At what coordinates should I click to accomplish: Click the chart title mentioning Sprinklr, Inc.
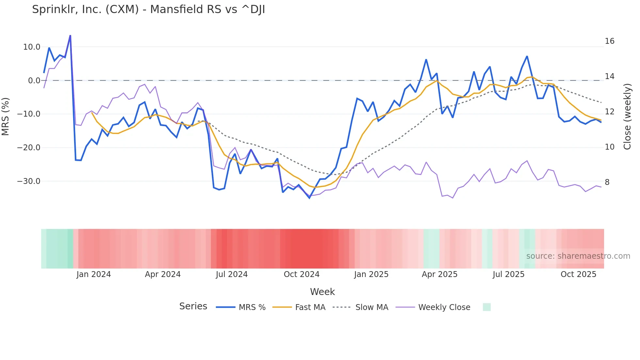pos(148,9)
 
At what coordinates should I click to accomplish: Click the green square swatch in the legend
pos(487,307)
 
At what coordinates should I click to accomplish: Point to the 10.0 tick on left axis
pos(32,47)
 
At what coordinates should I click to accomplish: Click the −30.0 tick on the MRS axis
pos(29,181)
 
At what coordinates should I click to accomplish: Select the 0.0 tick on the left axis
pos(34,81)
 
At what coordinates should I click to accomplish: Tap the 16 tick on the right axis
pos(609,41)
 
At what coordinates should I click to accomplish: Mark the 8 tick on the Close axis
pos(607,182)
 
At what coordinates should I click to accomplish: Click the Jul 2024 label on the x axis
pos(232,274)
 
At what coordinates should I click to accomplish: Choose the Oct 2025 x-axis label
pos(578,274)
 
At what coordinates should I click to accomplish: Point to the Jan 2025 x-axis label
pos(371,274)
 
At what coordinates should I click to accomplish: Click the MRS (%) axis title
pos(6,116)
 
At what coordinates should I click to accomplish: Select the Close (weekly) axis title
pos(627,117)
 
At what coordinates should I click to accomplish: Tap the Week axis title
pos(322,292)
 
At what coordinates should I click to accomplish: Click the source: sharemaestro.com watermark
pos(578,256)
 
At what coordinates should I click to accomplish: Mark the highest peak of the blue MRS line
pos(70,36)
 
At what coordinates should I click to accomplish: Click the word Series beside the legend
pos(193,306)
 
